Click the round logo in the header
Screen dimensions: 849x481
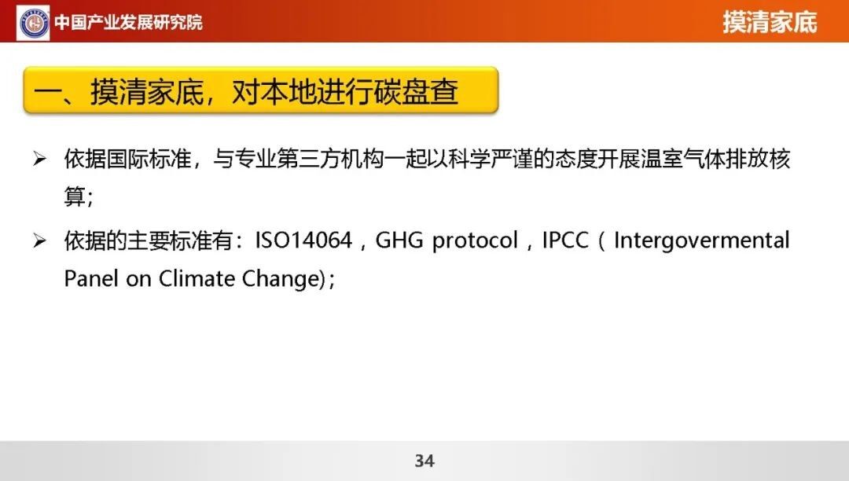tap(32, 23)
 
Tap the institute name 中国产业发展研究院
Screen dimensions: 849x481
tap(128, 22)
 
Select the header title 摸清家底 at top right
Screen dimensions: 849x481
tap(770, 22)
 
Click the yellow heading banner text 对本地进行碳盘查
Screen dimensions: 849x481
tap(345, 91)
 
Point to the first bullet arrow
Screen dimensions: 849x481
tap(39, 159)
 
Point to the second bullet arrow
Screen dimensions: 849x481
tap(39, 240)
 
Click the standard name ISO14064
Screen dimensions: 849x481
tap(303, 240)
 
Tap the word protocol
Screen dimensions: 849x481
tap(475, 241)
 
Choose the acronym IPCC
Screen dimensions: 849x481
tap(564, 240)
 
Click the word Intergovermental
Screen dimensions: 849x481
tap(701, 240)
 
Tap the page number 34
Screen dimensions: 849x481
tap(424, 461)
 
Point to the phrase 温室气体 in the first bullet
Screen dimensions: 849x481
tap(683, 159)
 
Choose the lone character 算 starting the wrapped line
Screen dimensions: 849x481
tap(74, 196)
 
